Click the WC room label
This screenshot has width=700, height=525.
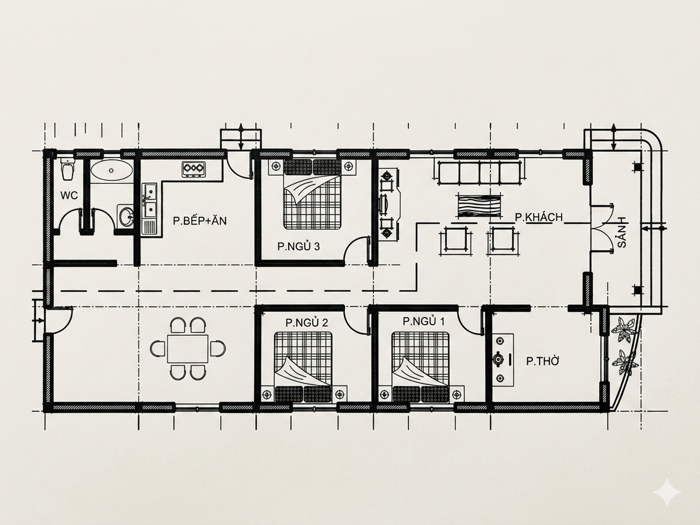click(69, 195)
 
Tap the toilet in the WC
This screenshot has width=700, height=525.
click(68, 169)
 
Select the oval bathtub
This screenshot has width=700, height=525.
click(112, 170)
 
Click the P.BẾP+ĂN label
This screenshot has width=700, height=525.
click(200, 220)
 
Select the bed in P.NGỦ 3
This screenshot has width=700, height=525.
click(312, 192)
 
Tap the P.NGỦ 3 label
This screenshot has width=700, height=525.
click(298, 247)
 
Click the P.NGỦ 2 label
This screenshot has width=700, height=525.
click(307, 322)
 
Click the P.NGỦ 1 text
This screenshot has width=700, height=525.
click(424, 322)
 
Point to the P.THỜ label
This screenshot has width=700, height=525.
click(542, 361)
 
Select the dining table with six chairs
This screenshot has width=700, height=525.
click(187, 348)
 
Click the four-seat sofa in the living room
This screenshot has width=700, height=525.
click(479, 173)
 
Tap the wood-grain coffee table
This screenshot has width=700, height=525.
click(479, 206)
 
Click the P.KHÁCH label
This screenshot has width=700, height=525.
click(539, 217)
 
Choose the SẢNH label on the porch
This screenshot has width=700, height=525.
click(622, 232)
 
